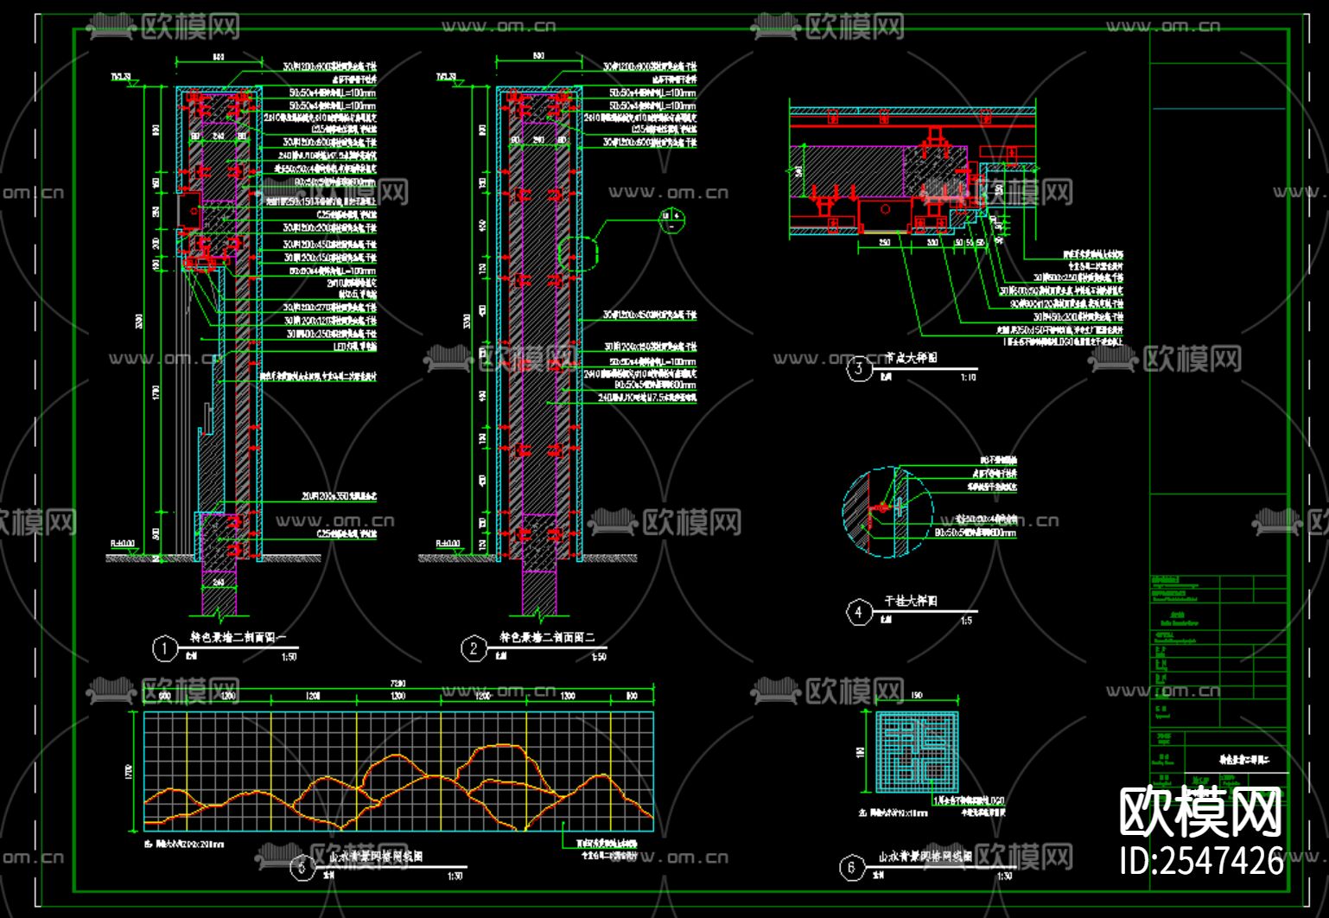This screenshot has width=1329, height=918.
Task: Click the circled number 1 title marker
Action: [164, 648]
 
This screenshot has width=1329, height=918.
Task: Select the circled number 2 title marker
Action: [474, 648]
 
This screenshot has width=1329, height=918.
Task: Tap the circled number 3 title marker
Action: [858, 369]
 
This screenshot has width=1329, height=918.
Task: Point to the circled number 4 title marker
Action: [858, 612]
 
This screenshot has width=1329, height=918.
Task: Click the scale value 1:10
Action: [968, 378]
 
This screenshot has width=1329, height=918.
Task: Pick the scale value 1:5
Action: [966, 621]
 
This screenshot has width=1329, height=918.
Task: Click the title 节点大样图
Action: [911, 358]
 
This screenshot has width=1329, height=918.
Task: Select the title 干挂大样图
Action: [911, 601]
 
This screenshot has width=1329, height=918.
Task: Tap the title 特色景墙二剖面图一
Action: [238, 638]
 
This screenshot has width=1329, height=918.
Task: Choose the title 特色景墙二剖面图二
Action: [547, 638]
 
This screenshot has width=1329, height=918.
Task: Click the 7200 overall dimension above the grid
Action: [398, 684]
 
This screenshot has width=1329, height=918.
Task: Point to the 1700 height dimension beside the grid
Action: [130, 771]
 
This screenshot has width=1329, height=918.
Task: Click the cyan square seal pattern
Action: [916, 751]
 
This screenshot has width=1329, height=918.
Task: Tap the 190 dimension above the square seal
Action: [917, 696]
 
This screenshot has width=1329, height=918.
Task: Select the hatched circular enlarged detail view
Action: [887, 512]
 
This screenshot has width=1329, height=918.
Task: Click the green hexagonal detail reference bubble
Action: [671, 221]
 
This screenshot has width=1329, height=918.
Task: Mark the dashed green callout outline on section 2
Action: [577, 252]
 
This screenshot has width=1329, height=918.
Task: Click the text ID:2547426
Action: [1201, 861]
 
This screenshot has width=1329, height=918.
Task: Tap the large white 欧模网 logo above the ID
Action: [1200, 813]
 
